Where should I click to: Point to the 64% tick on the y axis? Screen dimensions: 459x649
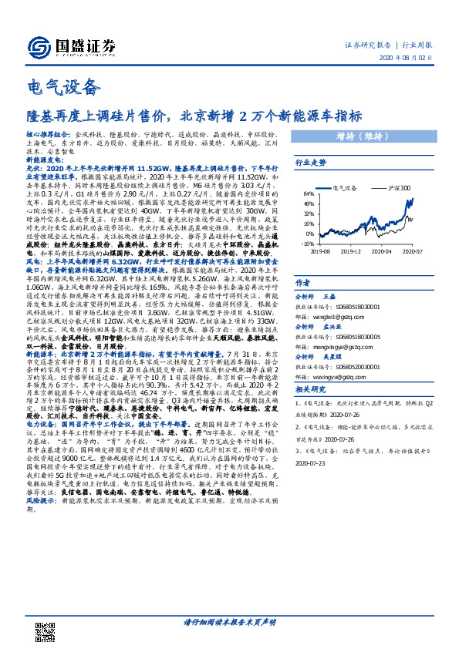[309, 194]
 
